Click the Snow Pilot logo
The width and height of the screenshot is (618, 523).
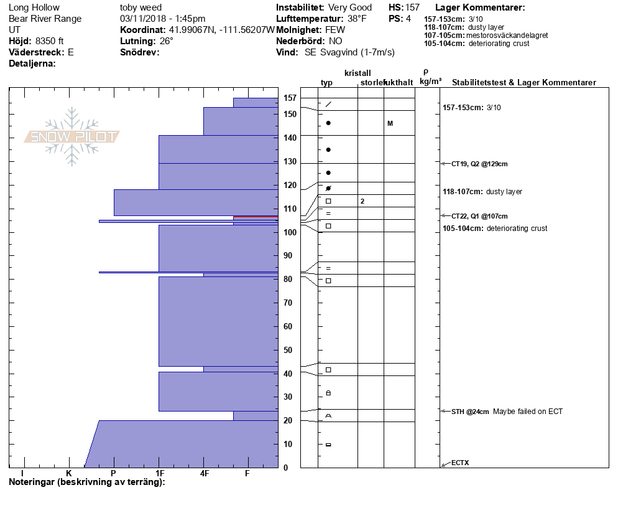tap(72, 137)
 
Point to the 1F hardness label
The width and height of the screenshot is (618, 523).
tap(160, 474)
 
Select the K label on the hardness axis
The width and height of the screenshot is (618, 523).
tap(69, 474)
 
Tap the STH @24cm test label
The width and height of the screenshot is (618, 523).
tap(470, 412)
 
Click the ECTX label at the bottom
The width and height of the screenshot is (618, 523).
tap(460, 463)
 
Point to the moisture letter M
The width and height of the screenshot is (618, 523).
tap(390, 123)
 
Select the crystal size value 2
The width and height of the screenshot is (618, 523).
tap(362, 201)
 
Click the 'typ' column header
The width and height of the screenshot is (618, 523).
tap(327, 83)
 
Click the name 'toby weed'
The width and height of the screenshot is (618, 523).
tap(141, 7)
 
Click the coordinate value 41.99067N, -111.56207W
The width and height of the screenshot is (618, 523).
tap(221, 30)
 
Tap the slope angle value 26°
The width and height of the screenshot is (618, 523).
tap(167, 41)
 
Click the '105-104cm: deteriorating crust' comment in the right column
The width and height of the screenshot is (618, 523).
tap(495, 229)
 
